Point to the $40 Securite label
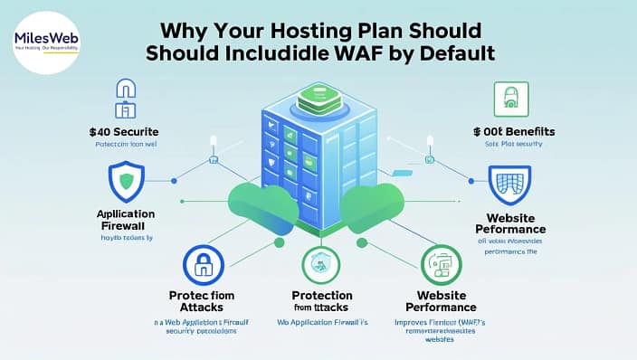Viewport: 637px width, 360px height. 126,131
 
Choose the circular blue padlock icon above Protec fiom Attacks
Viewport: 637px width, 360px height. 203,265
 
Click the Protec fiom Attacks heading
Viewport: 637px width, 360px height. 203,304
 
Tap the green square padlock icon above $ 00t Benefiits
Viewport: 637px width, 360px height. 511,97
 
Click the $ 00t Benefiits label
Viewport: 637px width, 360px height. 512,132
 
